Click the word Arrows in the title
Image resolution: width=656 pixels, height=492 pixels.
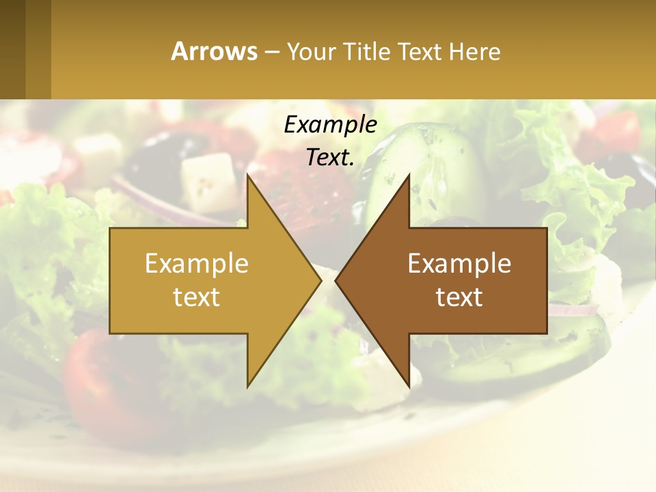point(214,51)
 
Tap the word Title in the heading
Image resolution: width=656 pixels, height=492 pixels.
point(368,51)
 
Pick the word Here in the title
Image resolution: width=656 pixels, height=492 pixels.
point(475,51)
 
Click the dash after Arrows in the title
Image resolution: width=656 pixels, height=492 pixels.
point(272,52)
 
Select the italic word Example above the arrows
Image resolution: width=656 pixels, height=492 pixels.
point(330,124)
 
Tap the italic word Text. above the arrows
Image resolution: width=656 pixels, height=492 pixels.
point(330,157)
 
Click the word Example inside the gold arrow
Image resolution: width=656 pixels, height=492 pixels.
point(196,263)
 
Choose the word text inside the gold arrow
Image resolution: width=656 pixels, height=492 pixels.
point(196,297)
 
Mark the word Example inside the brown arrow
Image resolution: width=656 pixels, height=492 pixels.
point(459,263)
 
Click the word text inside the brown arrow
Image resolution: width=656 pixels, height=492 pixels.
point(459,297)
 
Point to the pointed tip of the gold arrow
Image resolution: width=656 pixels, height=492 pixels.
point(320,281)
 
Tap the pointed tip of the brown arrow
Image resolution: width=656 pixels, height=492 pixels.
point(336,281)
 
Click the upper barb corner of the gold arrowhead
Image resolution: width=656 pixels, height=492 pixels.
point(247,175)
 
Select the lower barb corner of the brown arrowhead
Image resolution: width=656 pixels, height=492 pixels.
point(409,387)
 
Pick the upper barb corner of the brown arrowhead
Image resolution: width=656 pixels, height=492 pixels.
point(409,175)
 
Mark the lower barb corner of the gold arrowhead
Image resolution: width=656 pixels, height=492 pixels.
point(247,387)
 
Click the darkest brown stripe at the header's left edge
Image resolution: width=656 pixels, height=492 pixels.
point(12,49)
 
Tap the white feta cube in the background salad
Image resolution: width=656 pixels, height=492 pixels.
point(209,181)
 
